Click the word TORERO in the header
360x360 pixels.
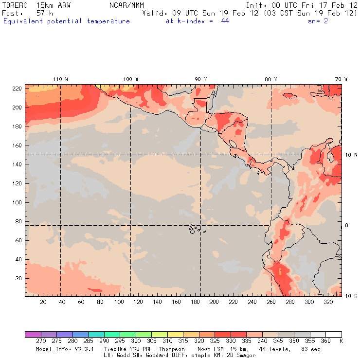point(15,5)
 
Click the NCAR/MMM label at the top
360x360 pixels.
point(127,5)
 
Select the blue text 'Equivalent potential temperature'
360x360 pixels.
point(67,21)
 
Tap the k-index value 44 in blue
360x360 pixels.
point(225,21)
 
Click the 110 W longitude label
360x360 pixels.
point(60,79)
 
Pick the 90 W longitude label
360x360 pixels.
point(200,79)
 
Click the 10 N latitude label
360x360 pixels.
point(351,155)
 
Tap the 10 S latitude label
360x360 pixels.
point(351,296)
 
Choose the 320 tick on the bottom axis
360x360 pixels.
point(328,302)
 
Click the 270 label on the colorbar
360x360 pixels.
point(40,341)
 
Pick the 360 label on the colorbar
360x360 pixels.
point(325,341)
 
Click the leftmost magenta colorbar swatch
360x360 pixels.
point(33,334)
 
